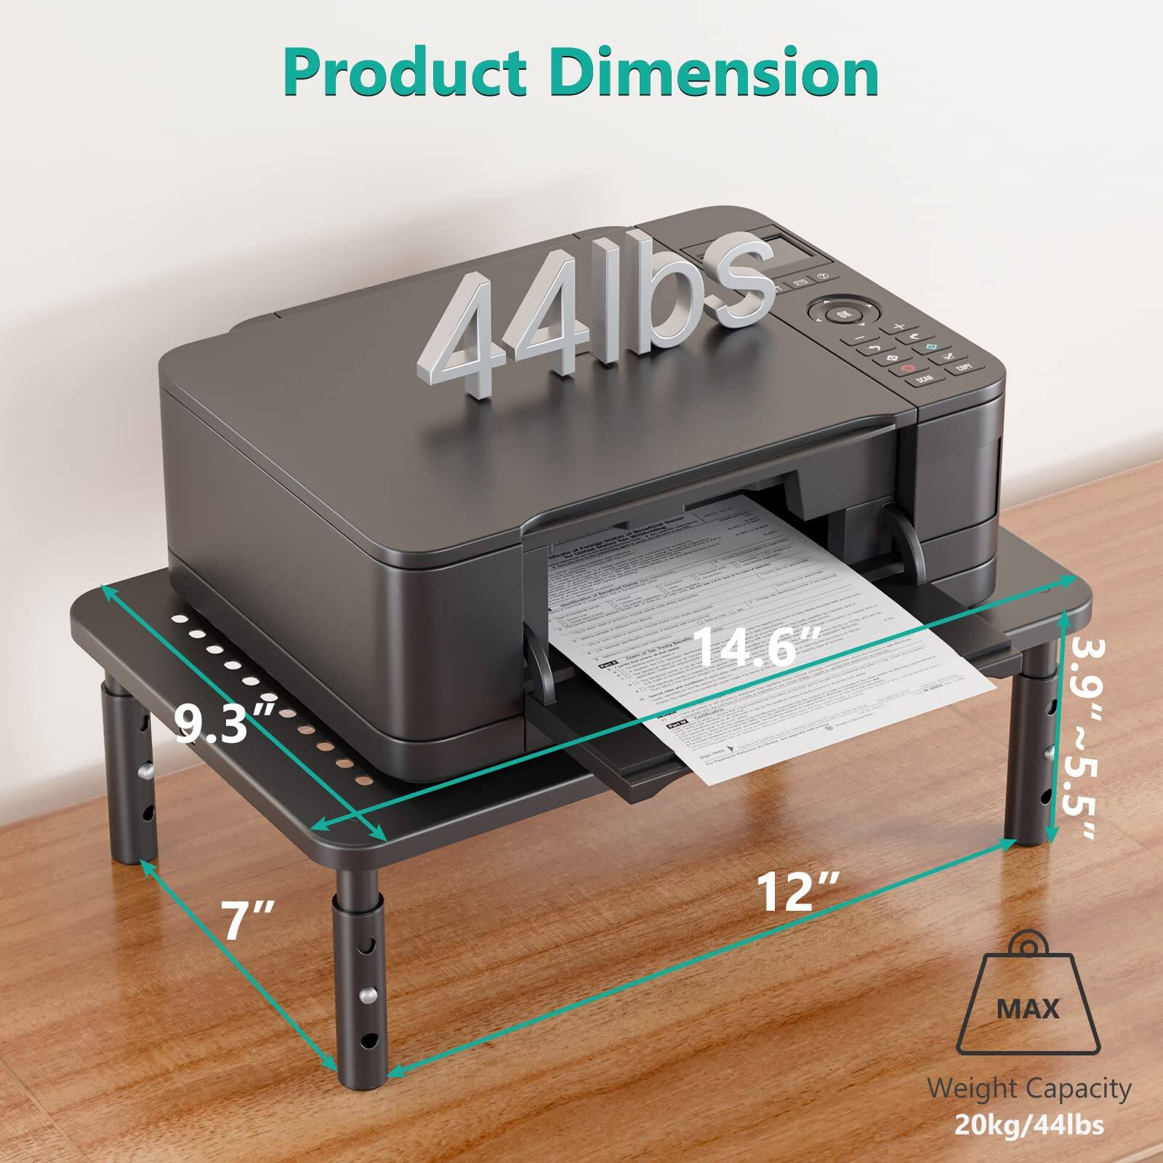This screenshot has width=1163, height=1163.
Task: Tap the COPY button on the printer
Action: [x=965, y=367]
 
